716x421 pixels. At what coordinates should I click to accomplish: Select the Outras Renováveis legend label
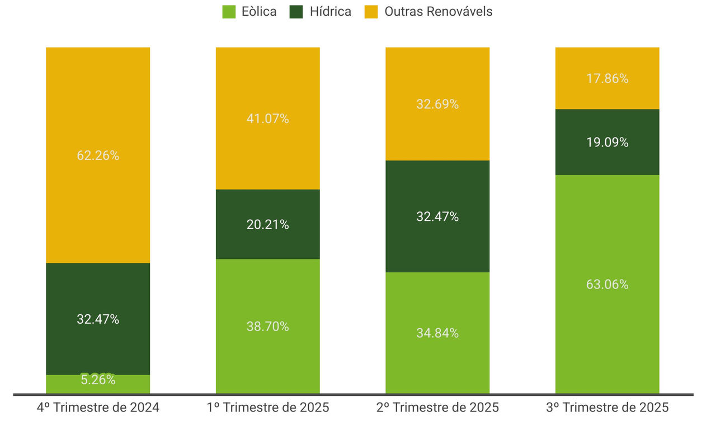[x=438, y=12]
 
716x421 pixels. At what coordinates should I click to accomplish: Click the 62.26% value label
[x=98, y=155]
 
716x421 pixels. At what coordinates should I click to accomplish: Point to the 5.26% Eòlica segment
[x=98, y=385]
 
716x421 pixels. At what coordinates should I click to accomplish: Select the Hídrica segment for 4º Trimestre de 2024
[x=98, y=302]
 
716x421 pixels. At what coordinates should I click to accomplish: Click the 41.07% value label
[x=267, y=119]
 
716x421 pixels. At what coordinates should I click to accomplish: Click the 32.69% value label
[x=437, y=104]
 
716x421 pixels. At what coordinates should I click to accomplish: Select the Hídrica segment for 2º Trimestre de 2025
[x=437, y=235]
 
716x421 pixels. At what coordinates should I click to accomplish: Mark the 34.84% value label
[x=437, y=333]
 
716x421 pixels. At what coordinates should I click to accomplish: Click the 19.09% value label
[x=607, y=143]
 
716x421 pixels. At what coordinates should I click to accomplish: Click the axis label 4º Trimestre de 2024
[x=98, y=408]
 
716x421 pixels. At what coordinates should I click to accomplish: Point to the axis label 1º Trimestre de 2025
[x=267, y=408]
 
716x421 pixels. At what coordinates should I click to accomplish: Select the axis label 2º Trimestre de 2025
[x=437, y=408]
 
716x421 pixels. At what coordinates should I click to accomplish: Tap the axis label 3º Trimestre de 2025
[x=607, y=408]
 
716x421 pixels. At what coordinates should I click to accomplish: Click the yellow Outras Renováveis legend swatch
[x=371, y=12]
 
